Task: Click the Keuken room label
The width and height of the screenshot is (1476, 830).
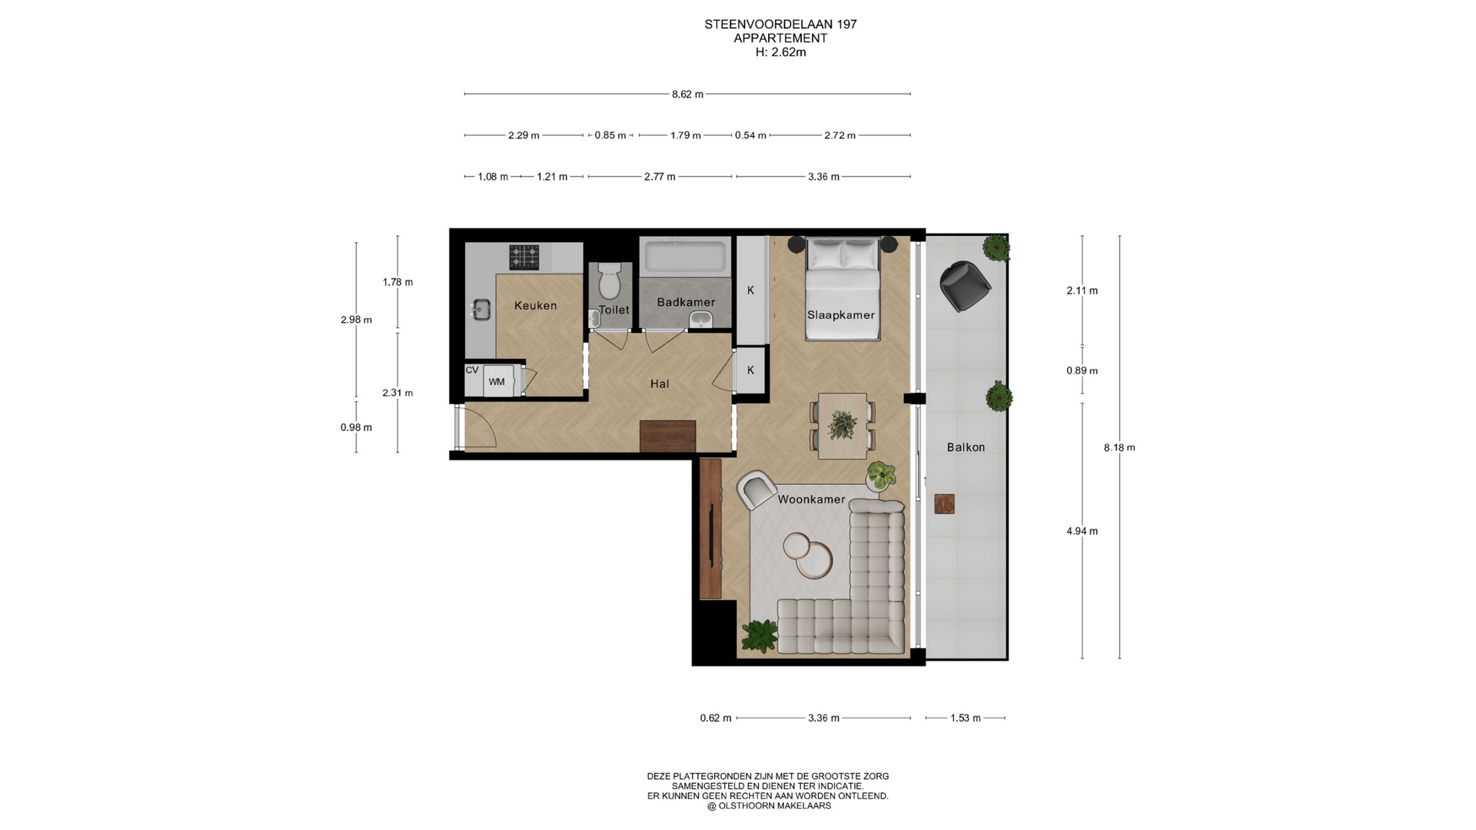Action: click(535, 306)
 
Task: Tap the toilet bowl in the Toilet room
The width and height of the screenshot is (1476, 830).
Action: click(610, 281)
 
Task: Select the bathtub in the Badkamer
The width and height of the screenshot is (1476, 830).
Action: click(685, 257)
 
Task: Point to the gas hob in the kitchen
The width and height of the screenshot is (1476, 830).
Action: click(524, 257)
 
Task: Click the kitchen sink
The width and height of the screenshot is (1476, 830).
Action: click(481, 310)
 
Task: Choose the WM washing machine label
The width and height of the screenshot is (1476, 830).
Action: click(497, 382)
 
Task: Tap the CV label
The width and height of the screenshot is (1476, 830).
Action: click(472, 370)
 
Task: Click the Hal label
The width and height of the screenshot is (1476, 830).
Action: click(660, 383)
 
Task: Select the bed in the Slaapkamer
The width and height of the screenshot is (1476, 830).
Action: click(842, 288)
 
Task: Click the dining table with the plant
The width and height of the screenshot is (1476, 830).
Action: click(843, 426)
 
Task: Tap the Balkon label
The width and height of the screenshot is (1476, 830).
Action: click(966, 447)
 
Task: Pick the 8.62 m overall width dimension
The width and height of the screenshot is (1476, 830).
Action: click(687, 95)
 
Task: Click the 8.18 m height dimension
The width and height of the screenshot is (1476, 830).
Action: click(1119, 447)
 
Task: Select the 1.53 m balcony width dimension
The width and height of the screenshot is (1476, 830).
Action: click(966, 718)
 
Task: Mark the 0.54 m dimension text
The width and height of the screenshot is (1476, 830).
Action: click(750, 135)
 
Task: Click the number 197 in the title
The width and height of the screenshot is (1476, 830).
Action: click(846, 25)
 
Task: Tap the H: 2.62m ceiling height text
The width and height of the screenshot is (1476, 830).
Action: click(781, 52)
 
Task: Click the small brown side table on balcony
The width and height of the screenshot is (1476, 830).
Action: click(944, 503)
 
